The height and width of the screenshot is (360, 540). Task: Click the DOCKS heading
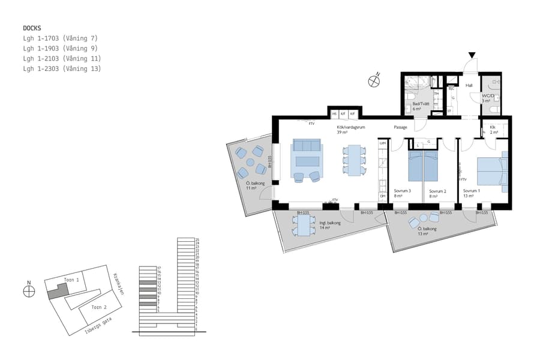[x=32, y=28]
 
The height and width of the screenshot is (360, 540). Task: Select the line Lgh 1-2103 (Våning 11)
[x=61, y=58]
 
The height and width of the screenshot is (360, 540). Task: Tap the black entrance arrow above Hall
[x=472, y=56]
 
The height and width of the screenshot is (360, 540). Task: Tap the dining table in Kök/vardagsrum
[x=355, y=161]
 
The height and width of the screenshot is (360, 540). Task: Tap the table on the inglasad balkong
[x=304, y=226]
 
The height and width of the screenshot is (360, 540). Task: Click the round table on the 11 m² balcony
[x=251, y=161]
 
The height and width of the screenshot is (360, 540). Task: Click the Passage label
[x=400, y=127]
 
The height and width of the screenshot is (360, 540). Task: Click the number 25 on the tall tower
[x=197, y=239]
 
